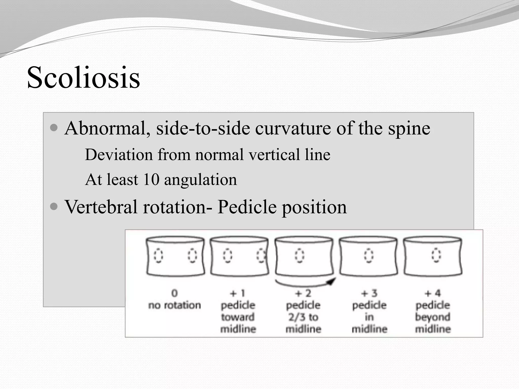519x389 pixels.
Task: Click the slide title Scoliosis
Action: point(83,77)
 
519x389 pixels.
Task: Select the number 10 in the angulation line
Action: point(151,180)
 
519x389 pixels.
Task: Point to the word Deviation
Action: point(119,154)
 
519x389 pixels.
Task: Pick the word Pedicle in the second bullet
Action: point(247,207)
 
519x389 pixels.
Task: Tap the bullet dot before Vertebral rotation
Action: point(54,206)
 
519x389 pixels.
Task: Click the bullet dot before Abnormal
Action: point(54,127)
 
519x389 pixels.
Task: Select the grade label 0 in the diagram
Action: point(175,293)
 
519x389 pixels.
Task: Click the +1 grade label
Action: point(238,293)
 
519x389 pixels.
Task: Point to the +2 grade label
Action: point(303,293)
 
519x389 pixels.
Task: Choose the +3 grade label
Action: point(369,293)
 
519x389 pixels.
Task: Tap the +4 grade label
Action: point(433,293)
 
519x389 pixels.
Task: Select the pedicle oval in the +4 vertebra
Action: point(436,255)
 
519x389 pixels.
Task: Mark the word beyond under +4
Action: point(433,317)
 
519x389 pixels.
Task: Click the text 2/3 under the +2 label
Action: point(296,317)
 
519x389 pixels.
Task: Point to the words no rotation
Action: point(175,305)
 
